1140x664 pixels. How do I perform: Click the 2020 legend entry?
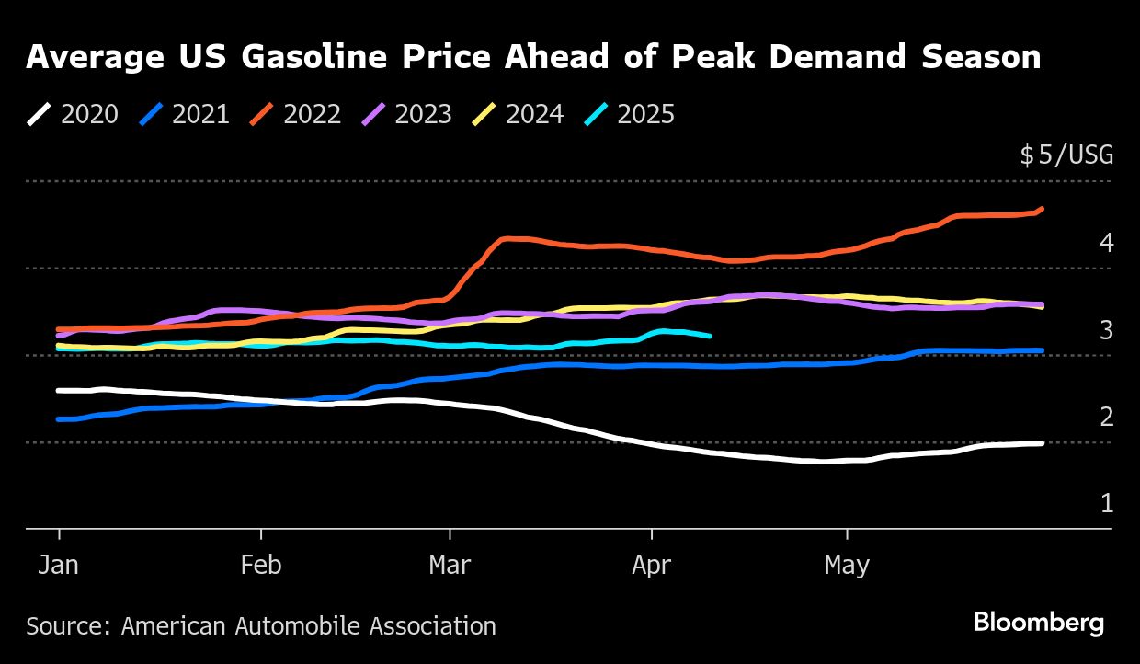coord(74,114)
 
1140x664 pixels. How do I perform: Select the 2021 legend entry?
coord(185,114)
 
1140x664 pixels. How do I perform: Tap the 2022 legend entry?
coord(296,114)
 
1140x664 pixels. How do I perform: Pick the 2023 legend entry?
coord(407,114)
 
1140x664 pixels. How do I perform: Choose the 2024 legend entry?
coord(519,114)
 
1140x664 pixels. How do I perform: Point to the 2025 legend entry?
coord(630,114)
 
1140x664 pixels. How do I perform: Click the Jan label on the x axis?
coord(59,565)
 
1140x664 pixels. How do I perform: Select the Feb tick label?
coord(261,565)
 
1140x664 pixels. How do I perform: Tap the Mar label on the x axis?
coord(450,565)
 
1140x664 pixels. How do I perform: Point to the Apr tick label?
coord(652,565)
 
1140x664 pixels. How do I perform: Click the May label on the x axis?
coord(847,565)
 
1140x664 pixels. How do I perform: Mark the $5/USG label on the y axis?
coord(1066,155)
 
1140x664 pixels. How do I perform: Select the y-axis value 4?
coord(1107,243)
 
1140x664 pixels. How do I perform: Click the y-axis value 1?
coord(1107,504)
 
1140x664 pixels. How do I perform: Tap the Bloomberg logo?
coord(1039,624)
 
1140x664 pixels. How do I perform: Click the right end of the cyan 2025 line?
coord(711,337)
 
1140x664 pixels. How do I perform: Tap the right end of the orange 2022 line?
coord(1042,209)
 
